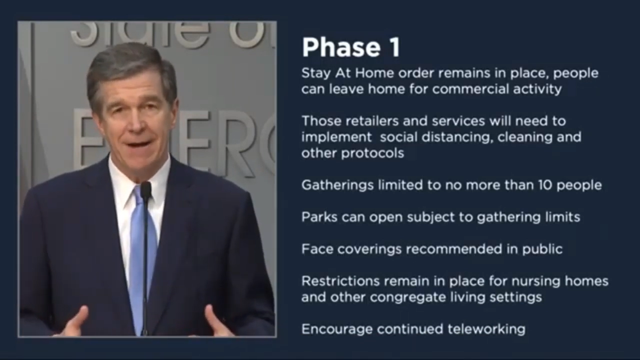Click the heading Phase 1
click(351, 47)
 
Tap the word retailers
click(372, 121)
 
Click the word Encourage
click(337, 329)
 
